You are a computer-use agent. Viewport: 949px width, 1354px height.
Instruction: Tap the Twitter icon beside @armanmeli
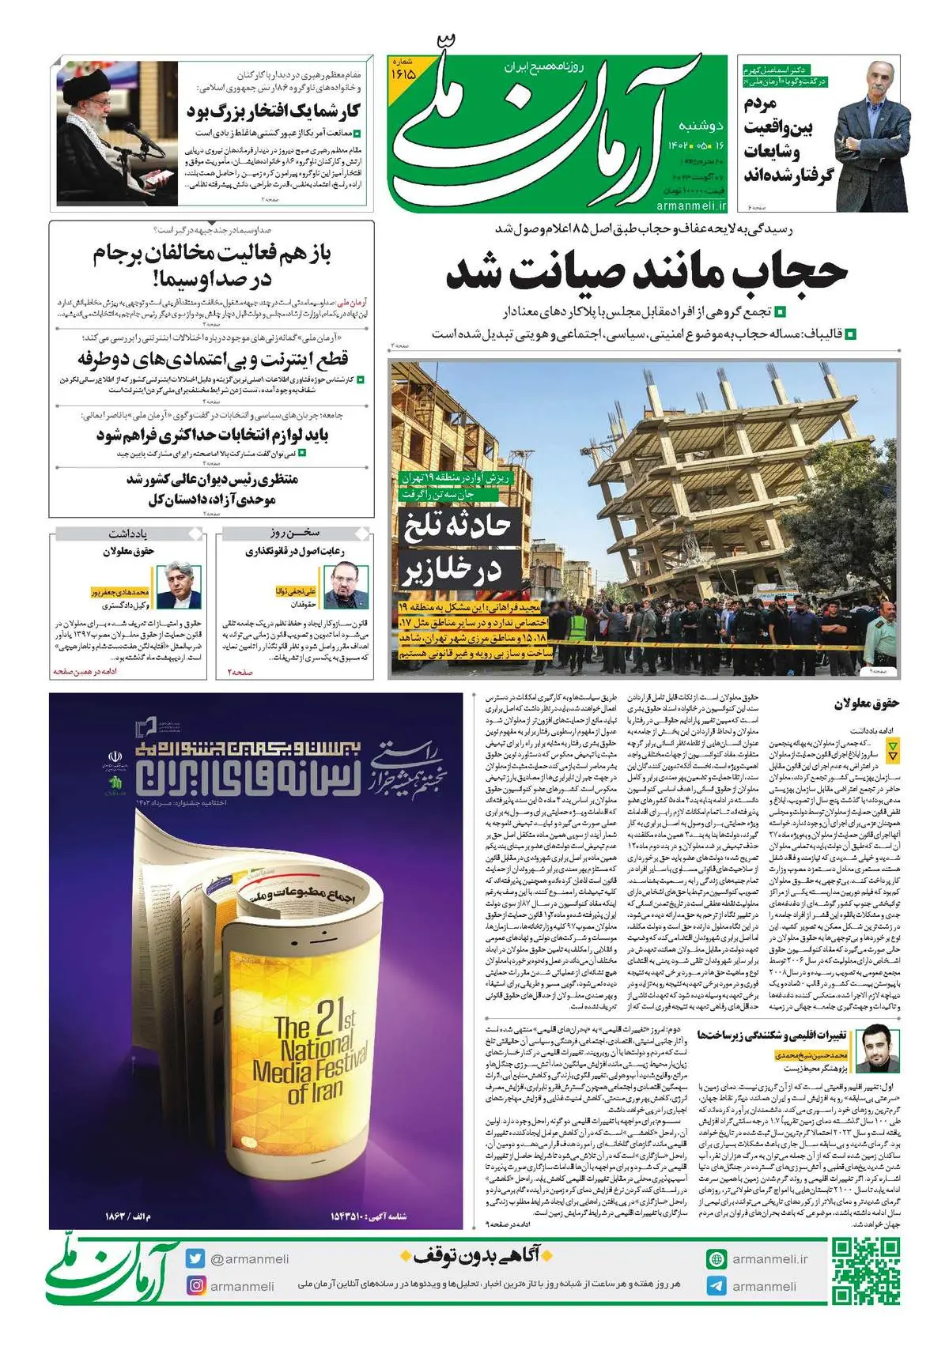click(195, 1259)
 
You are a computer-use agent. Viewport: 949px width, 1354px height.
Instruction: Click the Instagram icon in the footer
click(195, 1286)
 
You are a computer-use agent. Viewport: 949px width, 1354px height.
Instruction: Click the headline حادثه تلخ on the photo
click(457, 526)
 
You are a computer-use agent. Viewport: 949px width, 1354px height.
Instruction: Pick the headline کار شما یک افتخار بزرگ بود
click(274, 111)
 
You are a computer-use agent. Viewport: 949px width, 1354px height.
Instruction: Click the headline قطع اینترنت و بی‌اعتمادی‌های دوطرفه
click(214, 360)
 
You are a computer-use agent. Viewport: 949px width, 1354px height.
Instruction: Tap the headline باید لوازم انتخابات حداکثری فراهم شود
click(212, 436)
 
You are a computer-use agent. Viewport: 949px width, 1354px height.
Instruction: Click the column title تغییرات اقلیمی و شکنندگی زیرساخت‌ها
click(771, 1035)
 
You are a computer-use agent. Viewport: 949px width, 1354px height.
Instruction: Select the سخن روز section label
click(293, 534)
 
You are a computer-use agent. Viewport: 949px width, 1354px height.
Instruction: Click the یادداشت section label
click(128, 534)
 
